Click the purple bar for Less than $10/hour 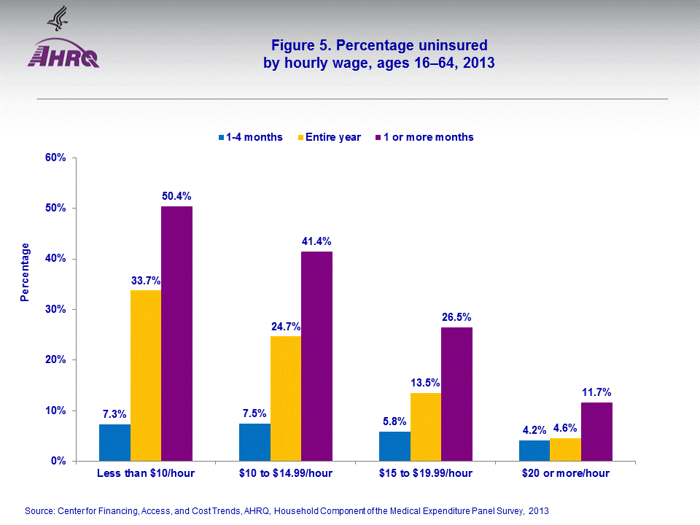(x=176, y=333)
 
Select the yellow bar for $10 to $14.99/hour (x=286, y=398)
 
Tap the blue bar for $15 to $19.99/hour (x=395, y=446)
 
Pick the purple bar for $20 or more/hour (x=596, y=432)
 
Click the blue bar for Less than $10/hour (x=115, y=443)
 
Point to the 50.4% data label (x=177, y=196)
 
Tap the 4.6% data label (x=566, y=428)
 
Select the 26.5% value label (x=456, y=317)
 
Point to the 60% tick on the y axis (x=56, y=157)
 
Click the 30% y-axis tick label (x=56, y=309)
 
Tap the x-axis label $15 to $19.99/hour (x=426, y=473)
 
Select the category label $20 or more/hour (x=566, y=473)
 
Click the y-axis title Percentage (x=26, y=272)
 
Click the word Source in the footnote (x=39, y=510)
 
